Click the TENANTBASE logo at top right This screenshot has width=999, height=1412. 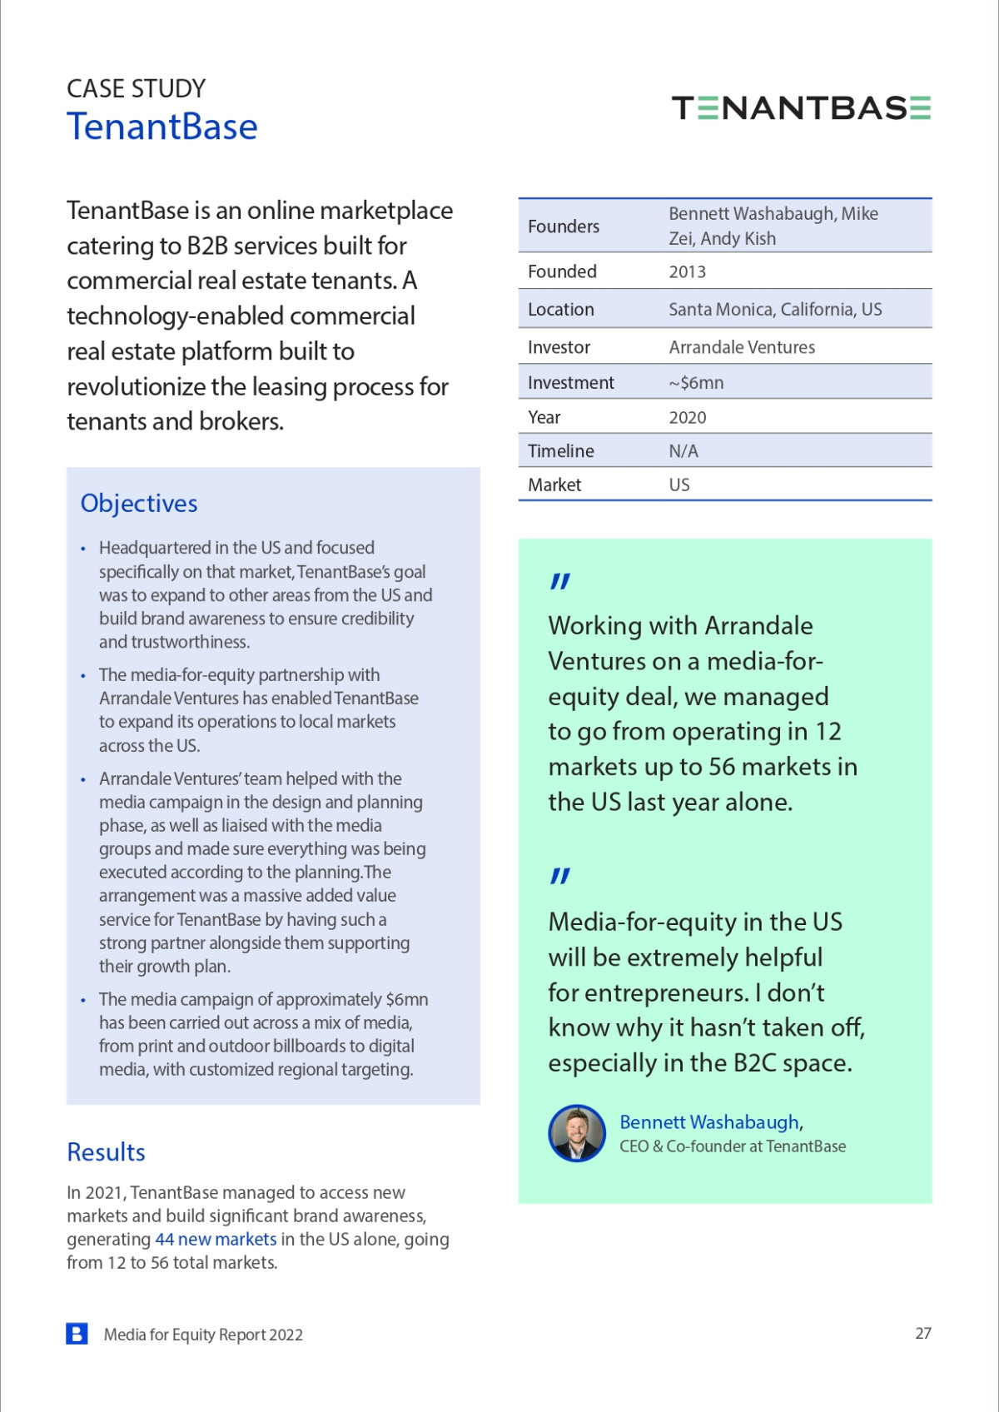pos(801,108)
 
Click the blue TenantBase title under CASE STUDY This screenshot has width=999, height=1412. pos(162,127)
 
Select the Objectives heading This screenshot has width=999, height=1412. pos(139,504)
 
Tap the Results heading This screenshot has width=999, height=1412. pos(106,1152)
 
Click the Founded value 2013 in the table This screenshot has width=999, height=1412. pos(687,272)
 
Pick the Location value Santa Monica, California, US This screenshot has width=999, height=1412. pos(775,310)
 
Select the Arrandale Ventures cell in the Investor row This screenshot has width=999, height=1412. pos(742,347)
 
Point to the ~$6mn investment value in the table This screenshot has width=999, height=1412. pos(696,383)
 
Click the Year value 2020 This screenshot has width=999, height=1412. pos(687,418)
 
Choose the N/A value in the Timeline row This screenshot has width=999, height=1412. pos(683,451)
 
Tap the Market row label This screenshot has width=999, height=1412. pos(554,485)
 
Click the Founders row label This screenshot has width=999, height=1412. pos(564,226)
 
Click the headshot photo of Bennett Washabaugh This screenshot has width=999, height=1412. pos(577,1133)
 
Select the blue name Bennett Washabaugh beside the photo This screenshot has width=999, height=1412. pos(709,1122)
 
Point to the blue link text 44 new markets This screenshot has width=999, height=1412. pos(216,1240)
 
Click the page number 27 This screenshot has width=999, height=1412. pos(923,1334)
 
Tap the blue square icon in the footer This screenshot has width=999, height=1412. pos(77,1334)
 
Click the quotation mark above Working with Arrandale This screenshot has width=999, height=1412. pos(560,581)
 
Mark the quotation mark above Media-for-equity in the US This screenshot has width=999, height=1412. pos(560,876)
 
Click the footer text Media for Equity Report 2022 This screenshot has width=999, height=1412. pos(203,1335)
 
